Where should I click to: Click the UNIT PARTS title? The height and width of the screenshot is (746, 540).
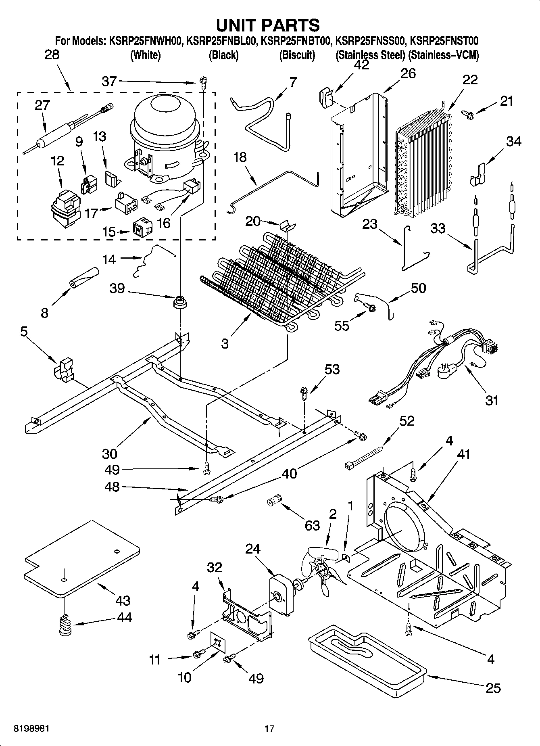[268, 25]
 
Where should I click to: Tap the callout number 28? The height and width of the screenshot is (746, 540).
[52, 54]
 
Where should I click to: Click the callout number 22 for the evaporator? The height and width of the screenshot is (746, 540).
[470, 79]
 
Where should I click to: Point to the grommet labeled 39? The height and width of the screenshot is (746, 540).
[180, 301]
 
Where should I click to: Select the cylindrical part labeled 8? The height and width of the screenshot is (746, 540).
[83, 278]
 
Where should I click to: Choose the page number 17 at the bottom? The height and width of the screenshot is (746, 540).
[269, 729]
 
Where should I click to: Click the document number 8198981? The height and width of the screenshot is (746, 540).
[32, 729]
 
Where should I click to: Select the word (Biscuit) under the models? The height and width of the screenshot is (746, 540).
[297, 55]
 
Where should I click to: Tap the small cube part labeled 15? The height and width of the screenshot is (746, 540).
[142, 229]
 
